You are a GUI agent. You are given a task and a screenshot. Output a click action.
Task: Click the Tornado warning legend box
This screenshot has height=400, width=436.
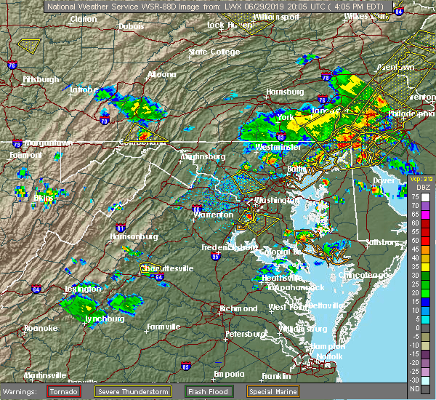63,391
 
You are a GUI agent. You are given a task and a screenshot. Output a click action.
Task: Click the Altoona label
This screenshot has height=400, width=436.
161,74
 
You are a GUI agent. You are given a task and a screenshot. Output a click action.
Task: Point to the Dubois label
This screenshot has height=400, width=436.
132,26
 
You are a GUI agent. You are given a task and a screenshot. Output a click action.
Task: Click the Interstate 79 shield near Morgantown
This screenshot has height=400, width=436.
16,144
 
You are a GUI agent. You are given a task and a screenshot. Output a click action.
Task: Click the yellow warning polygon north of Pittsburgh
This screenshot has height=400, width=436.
30,44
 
